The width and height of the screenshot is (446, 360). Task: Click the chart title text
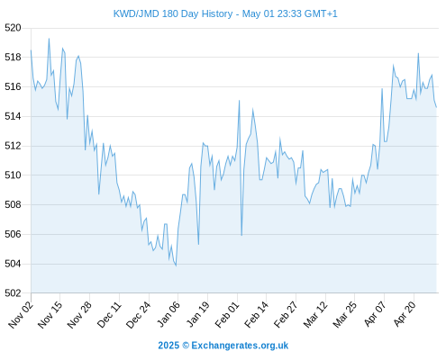point(225,13)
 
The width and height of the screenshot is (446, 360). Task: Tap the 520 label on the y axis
point(13,28)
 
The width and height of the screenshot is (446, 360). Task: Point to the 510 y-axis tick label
point(13,175)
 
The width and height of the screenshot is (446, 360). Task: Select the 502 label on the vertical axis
point(13,292)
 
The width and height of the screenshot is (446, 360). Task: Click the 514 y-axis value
point(13,116)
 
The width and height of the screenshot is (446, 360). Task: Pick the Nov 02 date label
point(21,314)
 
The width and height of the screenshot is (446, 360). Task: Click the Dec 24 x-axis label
point(138,314)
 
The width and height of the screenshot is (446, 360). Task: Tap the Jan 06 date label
point(168,314)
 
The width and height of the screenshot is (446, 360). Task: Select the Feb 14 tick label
point(256,314)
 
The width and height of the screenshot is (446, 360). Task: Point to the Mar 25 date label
point(345,314)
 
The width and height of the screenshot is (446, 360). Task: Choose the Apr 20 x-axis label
point(405,314)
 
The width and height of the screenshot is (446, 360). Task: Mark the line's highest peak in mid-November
point(49,39)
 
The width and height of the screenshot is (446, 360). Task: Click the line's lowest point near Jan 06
point(176,265)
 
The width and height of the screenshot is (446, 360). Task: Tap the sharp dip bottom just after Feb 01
point(241,236)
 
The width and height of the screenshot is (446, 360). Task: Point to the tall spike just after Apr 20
point(418,53)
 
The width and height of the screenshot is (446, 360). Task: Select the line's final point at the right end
point(436,107)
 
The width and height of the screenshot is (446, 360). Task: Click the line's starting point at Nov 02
point(31,50)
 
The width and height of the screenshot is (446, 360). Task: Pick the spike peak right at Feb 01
point(240,100)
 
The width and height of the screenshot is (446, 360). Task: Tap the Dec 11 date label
point(109,314)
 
